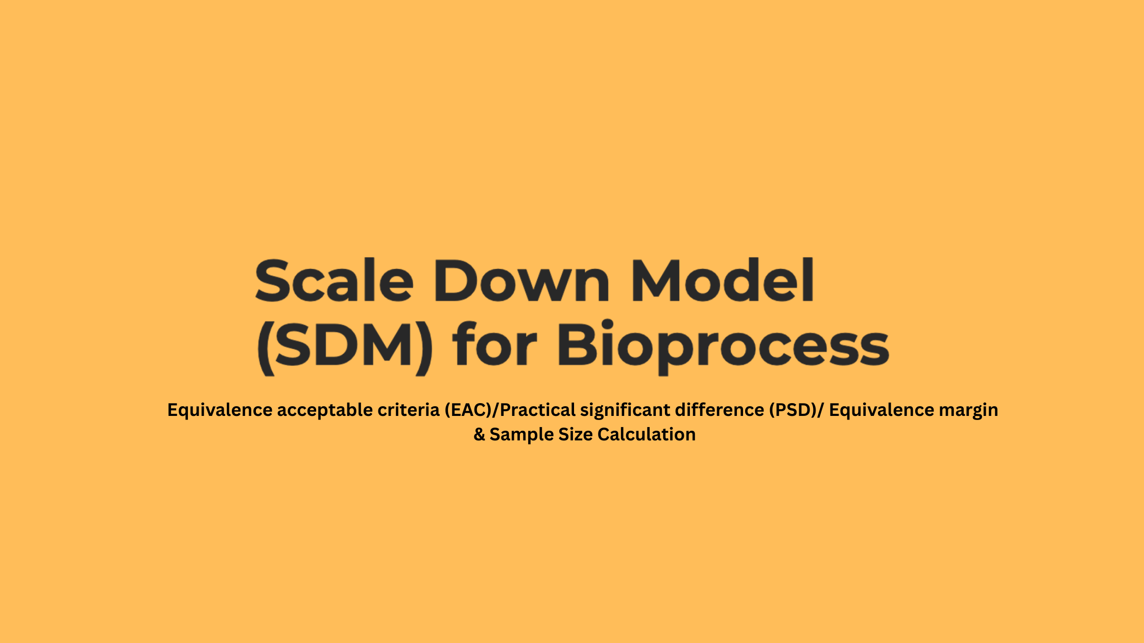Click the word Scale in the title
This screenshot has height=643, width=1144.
334,280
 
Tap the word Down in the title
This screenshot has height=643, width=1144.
522,280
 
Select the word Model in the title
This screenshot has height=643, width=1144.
723,280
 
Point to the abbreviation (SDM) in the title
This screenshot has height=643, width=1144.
345,347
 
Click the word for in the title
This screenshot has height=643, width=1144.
495,343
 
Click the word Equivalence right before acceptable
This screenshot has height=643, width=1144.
220,410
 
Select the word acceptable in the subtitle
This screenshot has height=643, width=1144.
325,410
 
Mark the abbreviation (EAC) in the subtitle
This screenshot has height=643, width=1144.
468,410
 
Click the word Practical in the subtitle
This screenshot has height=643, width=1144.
538,410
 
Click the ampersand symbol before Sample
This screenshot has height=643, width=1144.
479,435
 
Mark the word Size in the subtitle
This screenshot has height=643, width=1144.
576,435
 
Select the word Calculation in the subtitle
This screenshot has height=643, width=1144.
647,435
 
